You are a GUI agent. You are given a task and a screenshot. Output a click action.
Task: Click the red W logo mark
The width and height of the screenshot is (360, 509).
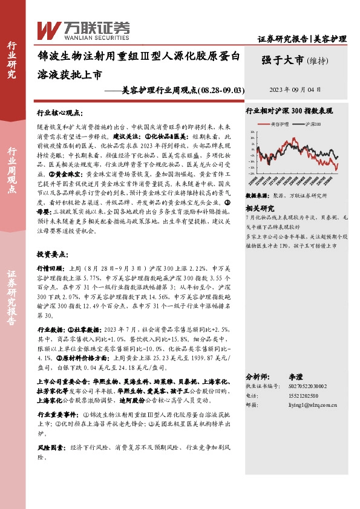[47, 30]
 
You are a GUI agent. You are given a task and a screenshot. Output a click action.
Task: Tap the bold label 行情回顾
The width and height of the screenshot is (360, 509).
[51, 267]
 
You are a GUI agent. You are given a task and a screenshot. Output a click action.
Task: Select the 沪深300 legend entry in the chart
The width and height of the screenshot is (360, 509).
[310, 124]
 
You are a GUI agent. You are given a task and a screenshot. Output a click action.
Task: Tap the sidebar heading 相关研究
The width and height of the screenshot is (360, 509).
[260, 207]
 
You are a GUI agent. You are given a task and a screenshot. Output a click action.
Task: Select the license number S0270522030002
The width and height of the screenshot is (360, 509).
[303, 385]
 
